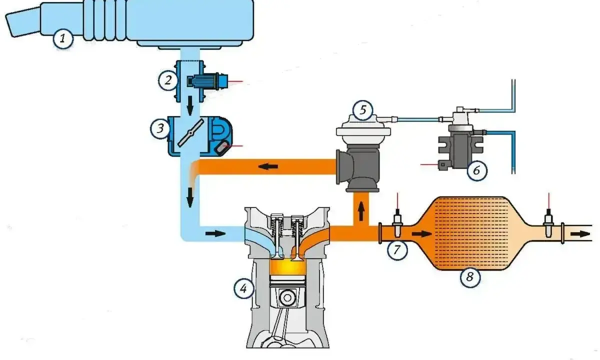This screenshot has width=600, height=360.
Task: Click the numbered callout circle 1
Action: point(63,39)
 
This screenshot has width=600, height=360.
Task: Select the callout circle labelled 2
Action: point(168,80)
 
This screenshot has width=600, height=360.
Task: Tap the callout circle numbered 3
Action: point(160,128)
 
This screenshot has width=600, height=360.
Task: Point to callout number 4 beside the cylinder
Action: point(244,289)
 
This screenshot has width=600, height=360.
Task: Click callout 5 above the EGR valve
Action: point(363,110)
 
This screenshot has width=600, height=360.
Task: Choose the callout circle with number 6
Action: point(477,170)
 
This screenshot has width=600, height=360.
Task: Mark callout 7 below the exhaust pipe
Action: point(397,250)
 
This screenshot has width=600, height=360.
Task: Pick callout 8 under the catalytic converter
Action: point(470,277)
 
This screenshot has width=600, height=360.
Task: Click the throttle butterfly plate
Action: point(190,133)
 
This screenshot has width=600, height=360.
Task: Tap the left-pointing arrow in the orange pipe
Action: point(268,166)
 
